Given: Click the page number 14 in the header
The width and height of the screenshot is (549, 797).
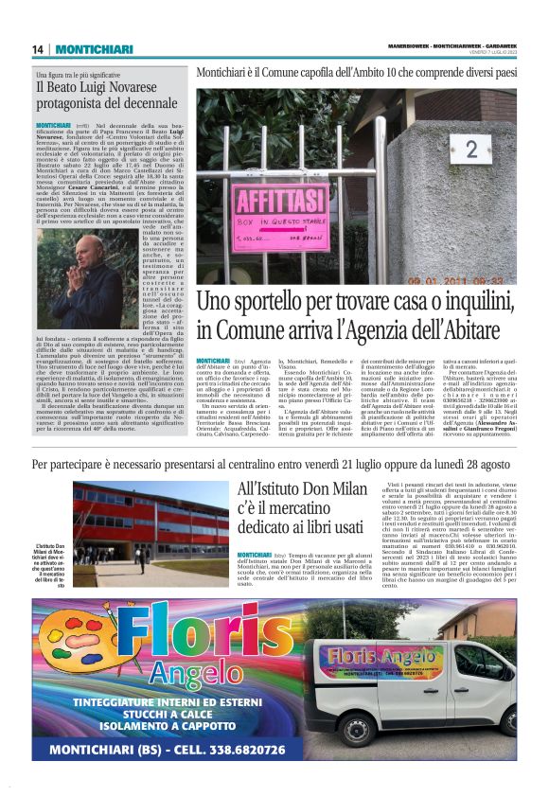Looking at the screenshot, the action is point(37,50).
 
